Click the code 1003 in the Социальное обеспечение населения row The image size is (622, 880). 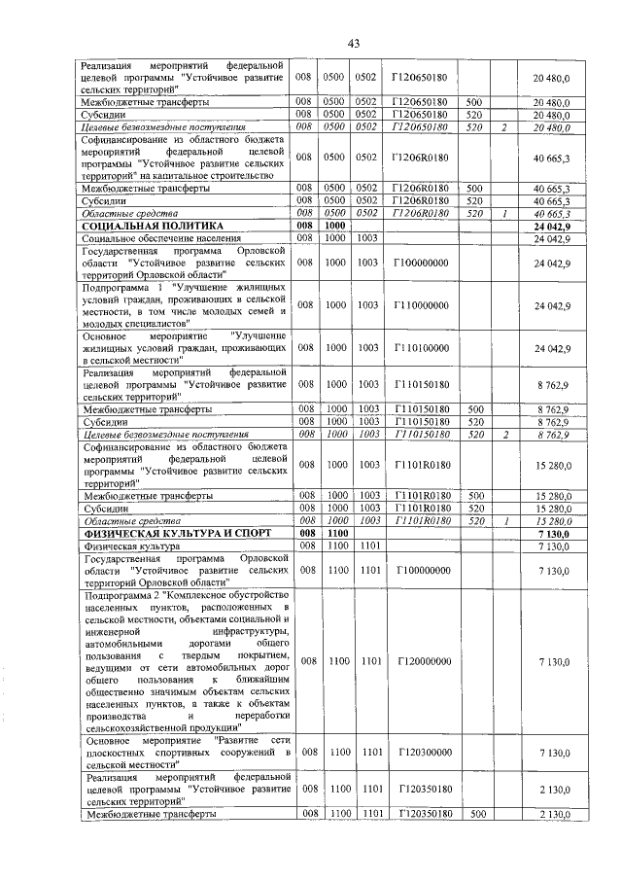(x=367, y=238)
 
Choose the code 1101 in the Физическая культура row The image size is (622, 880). (x=367, y=546)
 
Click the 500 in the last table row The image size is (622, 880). (x=475, y=814)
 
